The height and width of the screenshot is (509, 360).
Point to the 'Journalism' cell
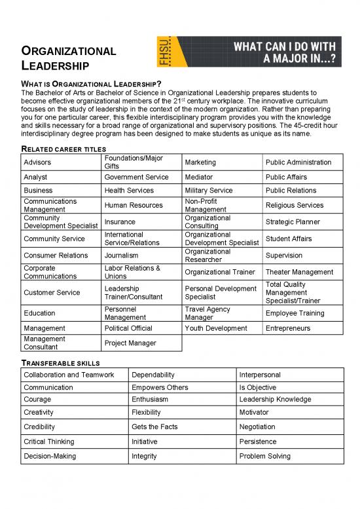(121, 255)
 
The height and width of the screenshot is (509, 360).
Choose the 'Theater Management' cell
(299, 272)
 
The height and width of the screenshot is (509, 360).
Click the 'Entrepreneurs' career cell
(288, 328)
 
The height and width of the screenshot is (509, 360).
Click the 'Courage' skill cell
(37, 399)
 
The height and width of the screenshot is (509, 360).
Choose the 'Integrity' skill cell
(144, 456)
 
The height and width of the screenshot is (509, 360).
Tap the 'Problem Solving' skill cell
(264, 456)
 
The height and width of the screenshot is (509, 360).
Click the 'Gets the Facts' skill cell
(154, 426)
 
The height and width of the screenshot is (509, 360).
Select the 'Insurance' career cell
(119, 221)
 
